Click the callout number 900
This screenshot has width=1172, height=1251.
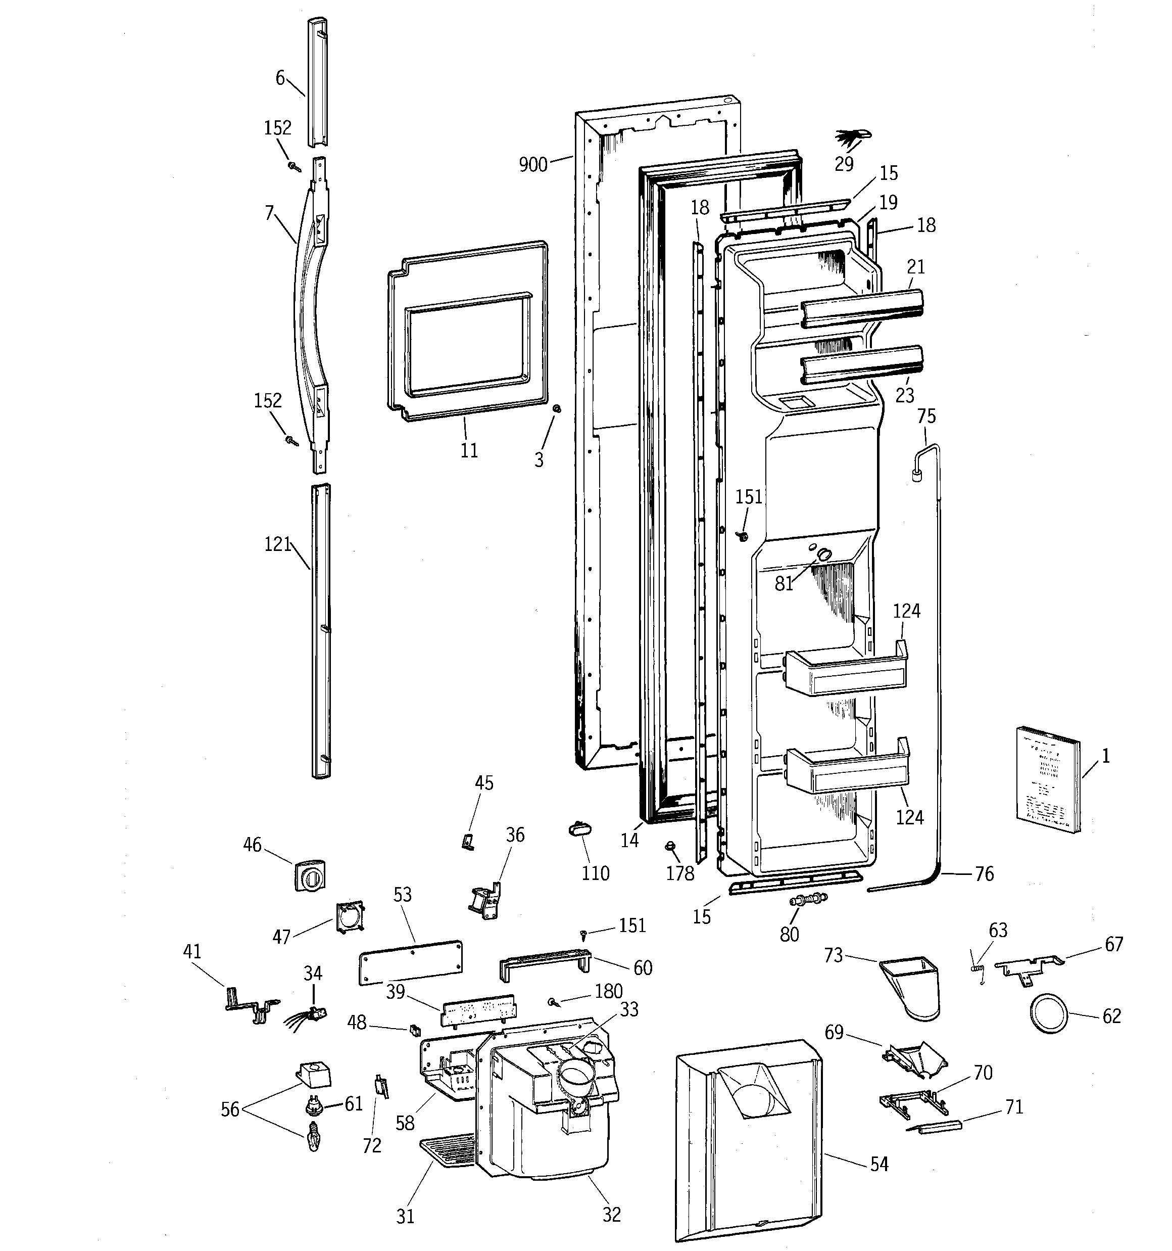coord(533,165)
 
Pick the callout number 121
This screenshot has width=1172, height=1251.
coord(277,544)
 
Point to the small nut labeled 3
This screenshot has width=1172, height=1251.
coord(556,409)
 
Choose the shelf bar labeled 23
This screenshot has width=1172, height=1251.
coord(862,364)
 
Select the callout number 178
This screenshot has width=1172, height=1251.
coord(680,873)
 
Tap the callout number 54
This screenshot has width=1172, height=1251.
coord(879,1164)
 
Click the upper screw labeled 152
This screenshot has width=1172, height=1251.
coord(293,166)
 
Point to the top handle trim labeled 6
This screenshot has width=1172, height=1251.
coord(317,82)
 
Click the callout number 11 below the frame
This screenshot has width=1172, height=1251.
coord(469,450)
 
